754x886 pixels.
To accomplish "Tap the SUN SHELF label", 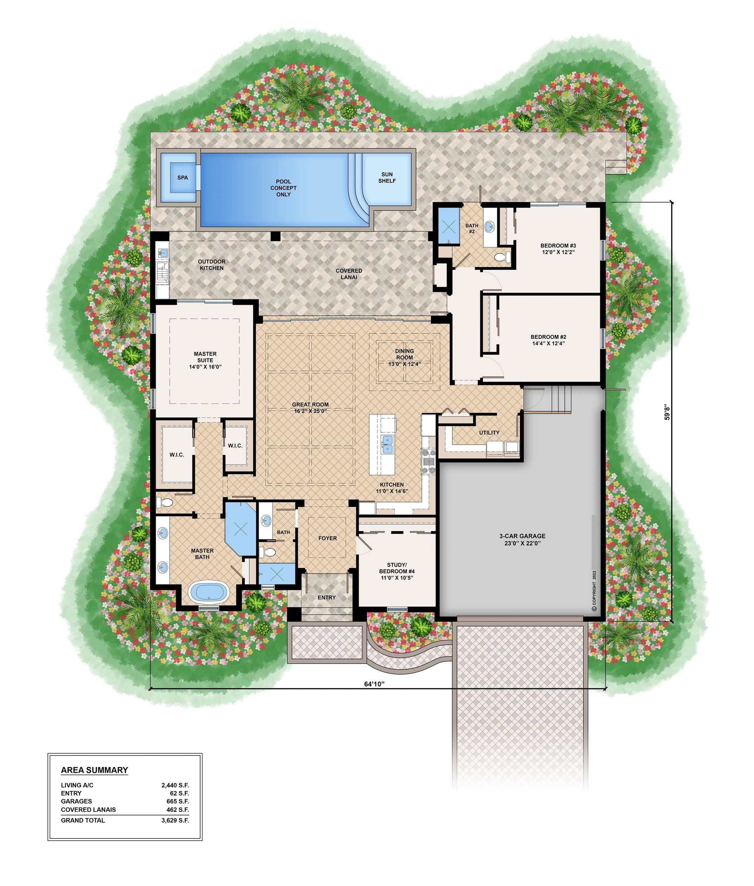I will click(387, 177).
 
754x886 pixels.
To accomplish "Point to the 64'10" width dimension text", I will click(374, 684).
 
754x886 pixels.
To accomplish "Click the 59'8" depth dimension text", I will click(667, 413).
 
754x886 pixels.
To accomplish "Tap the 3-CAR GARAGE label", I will click(522, 540).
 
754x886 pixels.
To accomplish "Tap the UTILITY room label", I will click(489, 433).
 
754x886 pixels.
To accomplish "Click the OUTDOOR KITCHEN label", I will click(211, 265).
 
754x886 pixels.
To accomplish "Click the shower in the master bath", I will click(241, 529).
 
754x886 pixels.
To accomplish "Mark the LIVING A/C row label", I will click(77, 786).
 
